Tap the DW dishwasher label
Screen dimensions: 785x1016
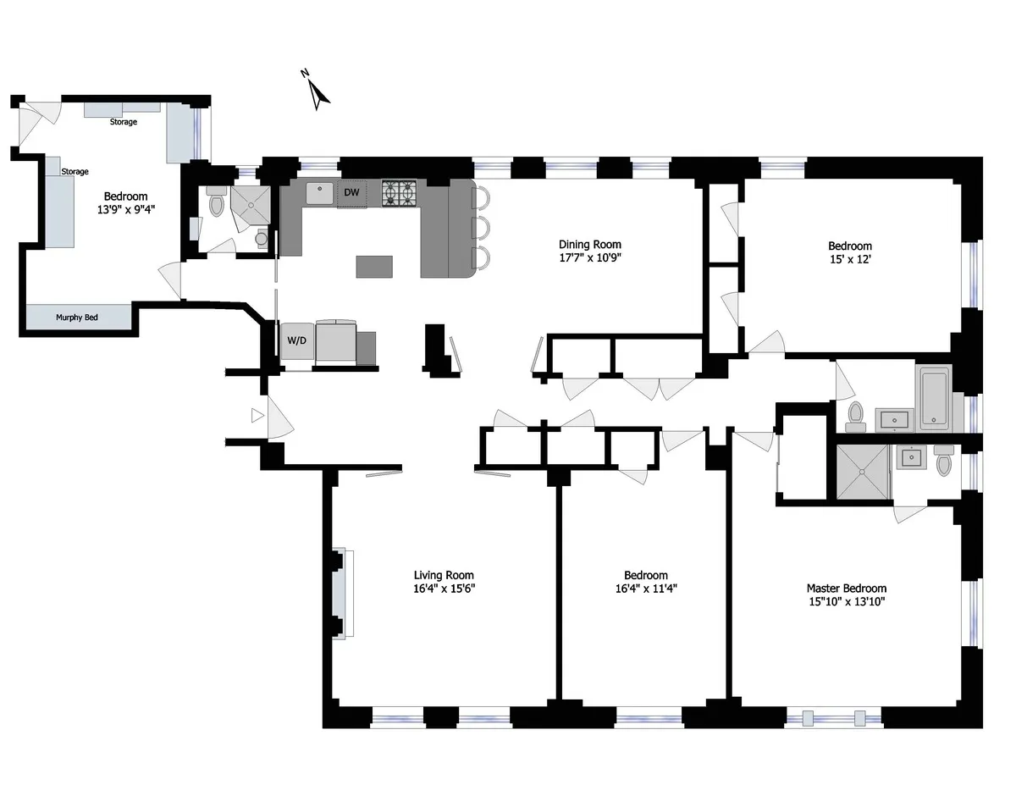pos(352,193)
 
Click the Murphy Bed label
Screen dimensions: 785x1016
pos(77,318)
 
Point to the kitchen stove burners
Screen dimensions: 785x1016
pos(400,193)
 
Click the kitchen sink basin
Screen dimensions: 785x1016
pos(319,193)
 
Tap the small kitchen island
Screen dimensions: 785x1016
pos(374,267)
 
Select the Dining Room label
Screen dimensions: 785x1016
pos(589,245)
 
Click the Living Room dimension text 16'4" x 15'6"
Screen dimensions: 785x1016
pos(444,589)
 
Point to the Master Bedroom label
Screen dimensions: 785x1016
pos(846,589)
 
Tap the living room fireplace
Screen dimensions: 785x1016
pos(342,592)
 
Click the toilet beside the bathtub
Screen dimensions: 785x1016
pos(856,416)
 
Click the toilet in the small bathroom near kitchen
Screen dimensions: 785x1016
pos(216,204)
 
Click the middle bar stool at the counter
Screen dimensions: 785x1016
pos(483,228)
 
